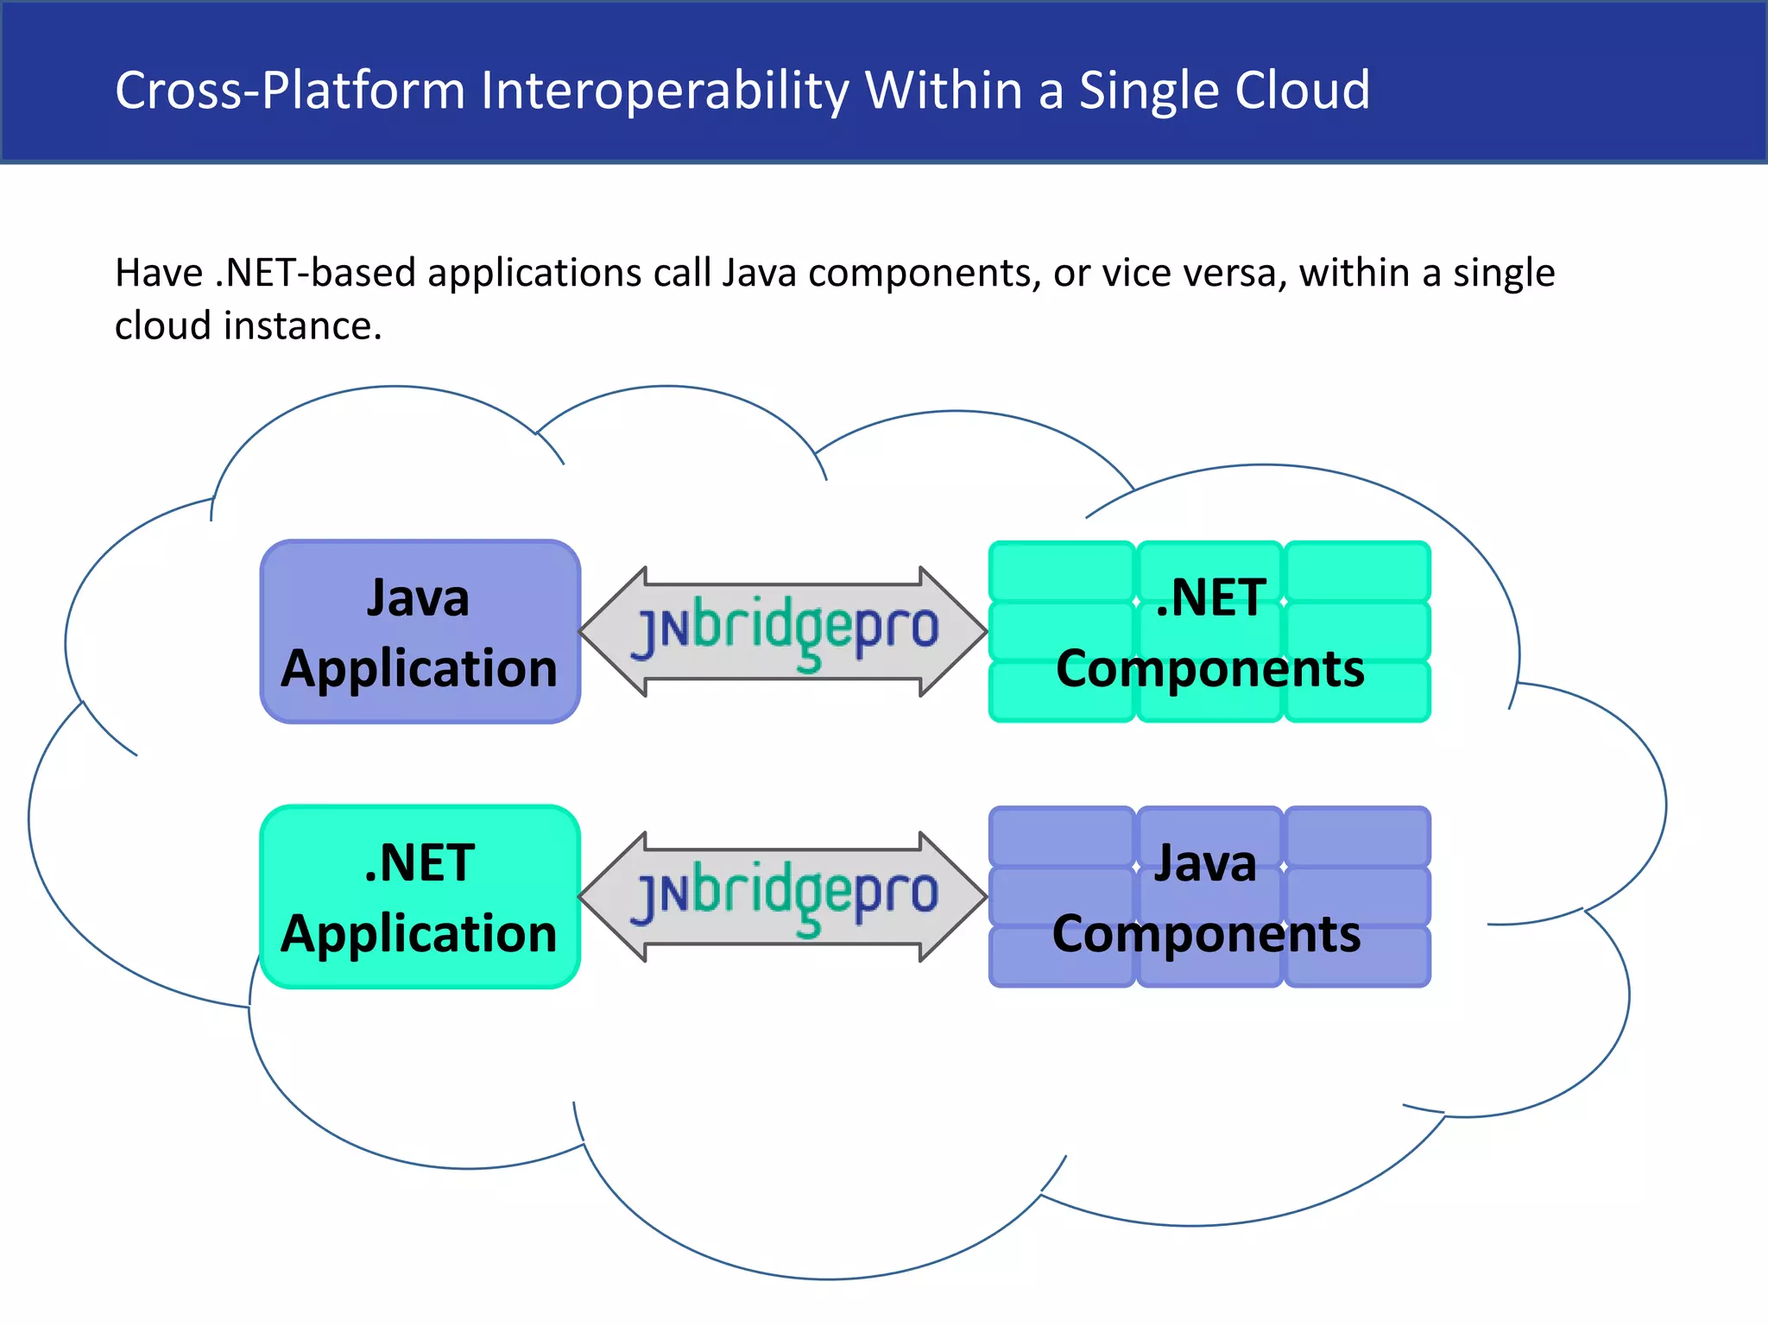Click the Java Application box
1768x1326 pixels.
tap(420, 632)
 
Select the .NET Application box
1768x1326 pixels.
tap(420, 897)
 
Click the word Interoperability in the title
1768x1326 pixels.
tap(665, 91)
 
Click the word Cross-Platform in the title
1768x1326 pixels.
tap(290, 91)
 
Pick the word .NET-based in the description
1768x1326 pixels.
tap(314, 273)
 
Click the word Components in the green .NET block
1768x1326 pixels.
tap(1209, 669)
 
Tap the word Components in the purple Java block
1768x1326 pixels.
tap(1206, 934)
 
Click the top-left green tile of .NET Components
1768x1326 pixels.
tap(1062, 570)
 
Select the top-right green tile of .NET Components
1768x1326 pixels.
tap(1358, 570)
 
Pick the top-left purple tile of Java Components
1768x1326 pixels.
tap(1062, 835)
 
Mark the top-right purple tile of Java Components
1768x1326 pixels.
tap(1358, 835)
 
